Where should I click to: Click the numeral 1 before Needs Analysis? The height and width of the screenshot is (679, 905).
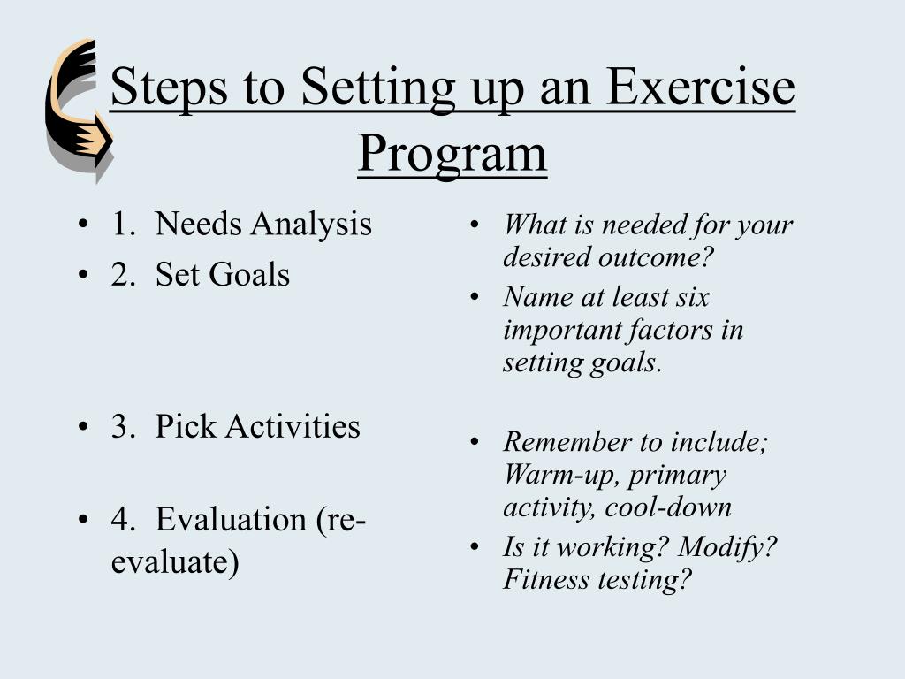tap(119, 225)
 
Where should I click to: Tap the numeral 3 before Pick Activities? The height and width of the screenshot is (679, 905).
tap(119, 427)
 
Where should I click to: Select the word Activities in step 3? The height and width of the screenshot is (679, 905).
tap(293, 427)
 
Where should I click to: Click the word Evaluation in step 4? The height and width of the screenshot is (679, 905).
tap(232, 519)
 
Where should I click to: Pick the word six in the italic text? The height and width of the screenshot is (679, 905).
tap(692, 298)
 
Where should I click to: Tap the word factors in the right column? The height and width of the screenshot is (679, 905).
tap(669, 331)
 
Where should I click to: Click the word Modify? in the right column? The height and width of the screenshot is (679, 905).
tap(727, 547)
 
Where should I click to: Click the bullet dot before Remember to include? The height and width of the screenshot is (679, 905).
tap(475, 442)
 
